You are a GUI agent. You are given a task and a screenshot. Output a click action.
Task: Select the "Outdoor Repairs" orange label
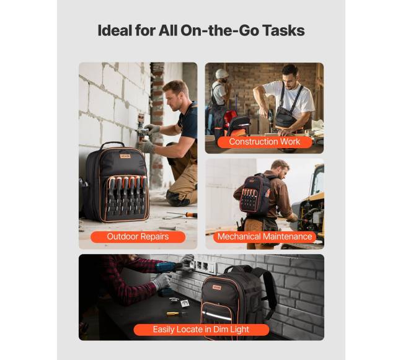pyautogui.click(x=138, y=237)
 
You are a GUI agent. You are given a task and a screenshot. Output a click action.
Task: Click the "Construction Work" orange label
pyautogui.click(x=265, y=141)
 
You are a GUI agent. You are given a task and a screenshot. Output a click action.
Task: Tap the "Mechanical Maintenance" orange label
pyautogui.click(x=265, y=237)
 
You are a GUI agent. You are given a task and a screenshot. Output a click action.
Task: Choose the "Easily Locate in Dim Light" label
pyautogui.click(x=201, y=330)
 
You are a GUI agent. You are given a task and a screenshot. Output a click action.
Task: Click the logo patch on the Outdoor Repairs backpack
pyautogui.click(x=125, y=156)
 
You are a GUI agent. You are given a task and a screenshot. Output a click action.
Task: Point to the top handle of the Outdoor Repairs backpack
pyautogui.click(x=112, y=145)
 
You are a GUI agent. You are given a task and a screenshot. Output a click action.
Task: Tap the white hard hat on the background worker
pyautogui.click(x=222, y=74)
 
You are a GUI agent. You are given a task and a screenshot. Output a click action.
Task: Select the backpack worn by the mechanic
pyautogui.click(x=255, y=194)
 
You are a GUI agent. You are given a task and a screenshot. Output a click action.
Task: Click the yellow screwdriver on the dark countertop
pyautogui.click(x=176, y=314)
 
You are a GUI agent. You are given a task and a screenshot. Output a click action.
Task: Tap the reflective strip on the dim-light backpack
pyautogui.click(x=216, y=315)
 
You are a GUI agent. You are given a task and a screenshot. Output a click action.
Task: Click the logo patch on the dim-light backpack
pyautogui.click(x=216, y=288)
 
